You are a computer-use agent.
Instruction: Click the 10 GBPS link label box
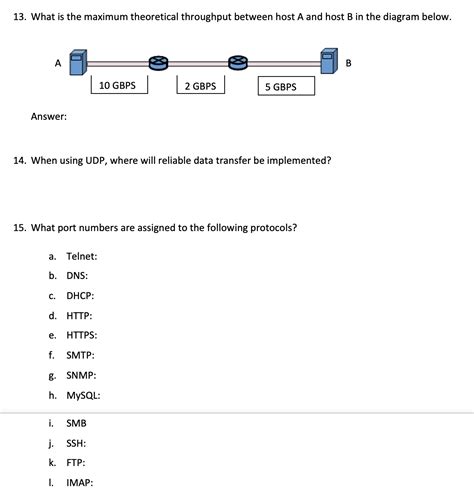pos(119,86)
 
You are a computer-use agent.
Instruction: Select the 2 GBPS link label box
pos(200,86)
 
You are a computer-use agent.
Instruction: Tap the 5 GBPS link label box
pos(285,87)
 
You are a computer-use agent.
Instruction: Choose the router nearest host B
pos(237,63)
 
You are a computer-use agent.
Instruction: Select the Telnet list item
pos(81,256)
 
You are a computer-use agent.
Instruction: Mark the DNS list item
pos(77,276)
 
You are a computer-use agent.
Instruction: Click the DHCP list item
pos(80,296)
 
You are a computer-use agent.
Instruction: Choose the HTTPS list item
pos(82,335)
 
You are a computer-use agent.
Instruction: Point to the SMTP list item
pos(80,355)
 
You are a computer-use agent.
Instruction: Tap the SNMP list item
pos(81,375)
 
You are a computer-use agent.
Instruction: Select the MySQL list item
pos(83,395)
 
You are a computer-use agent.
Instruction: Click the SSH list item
pos(76,443)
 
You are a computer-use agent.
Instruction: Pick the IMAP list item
pos(79,482)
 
